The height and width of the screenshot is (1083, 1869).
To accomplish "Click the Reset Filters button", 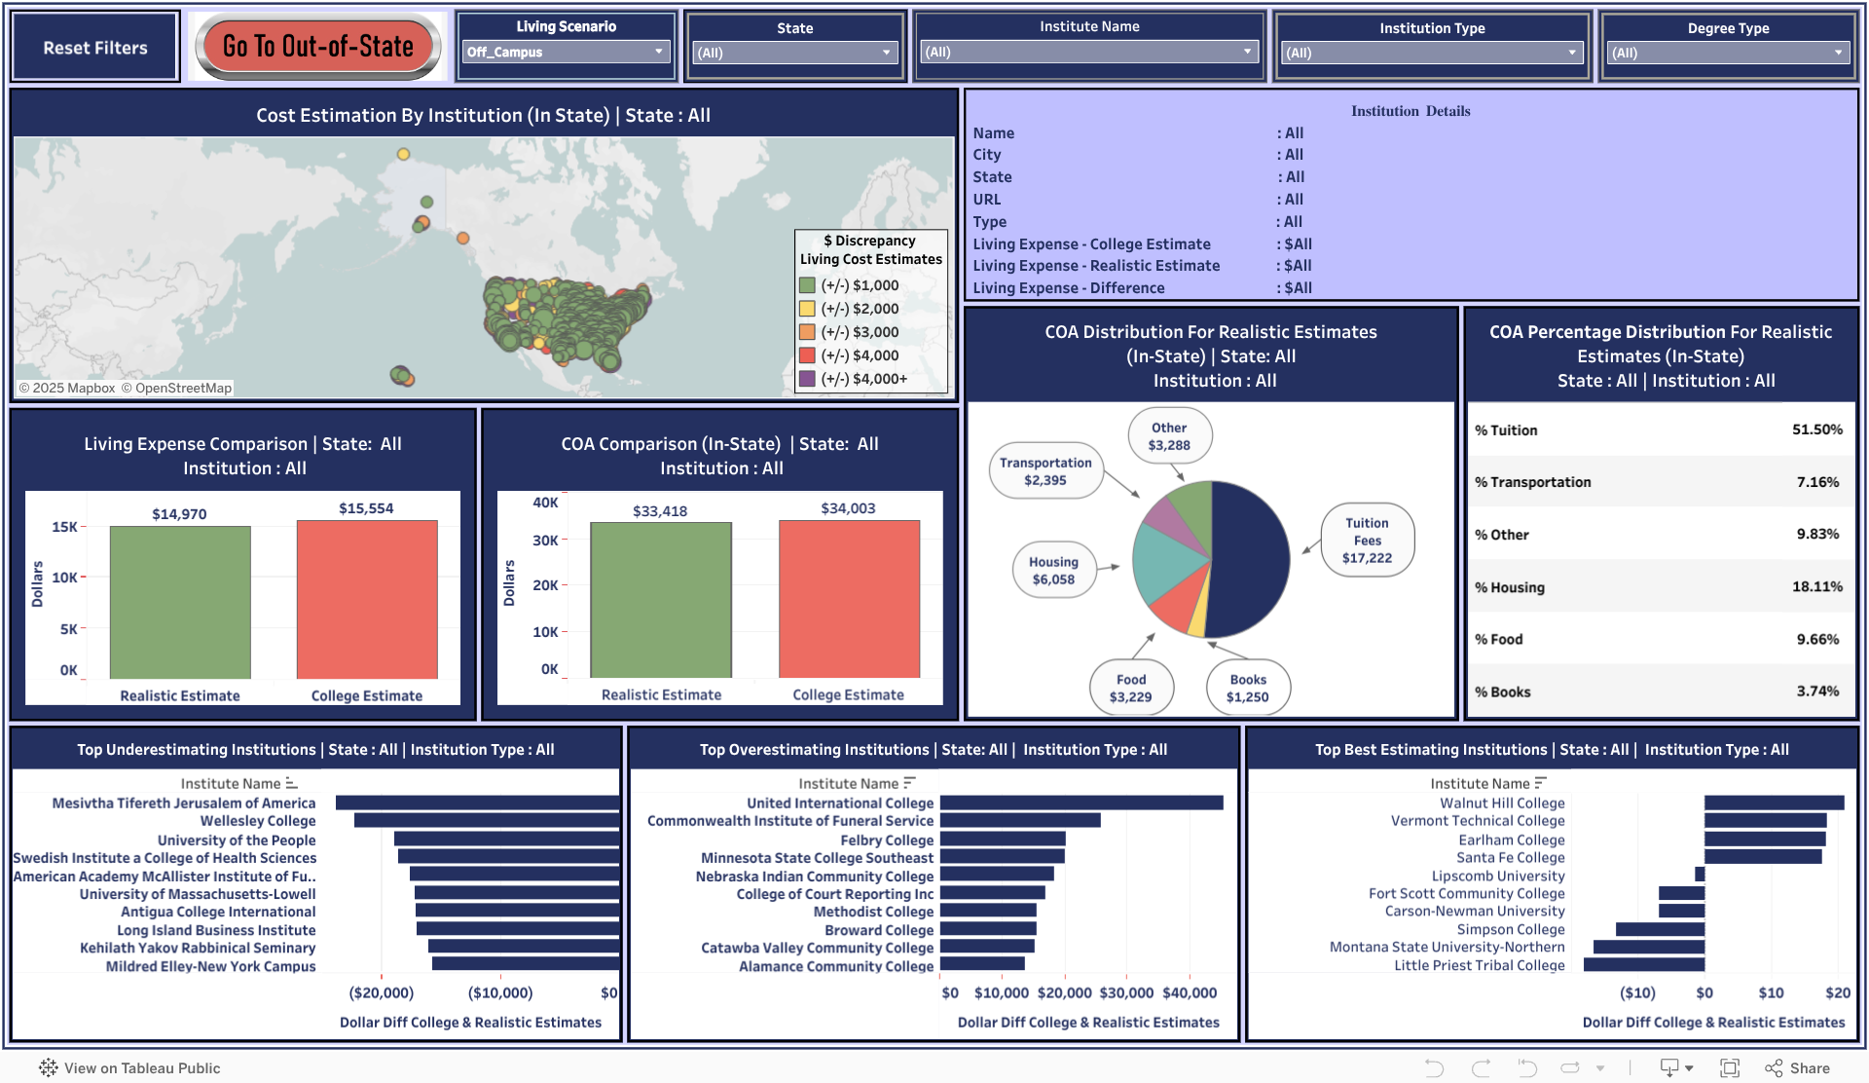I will [x=95, y=48].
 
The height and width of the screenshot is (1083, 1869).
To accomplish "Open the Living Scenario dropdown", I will [x=567, y=52].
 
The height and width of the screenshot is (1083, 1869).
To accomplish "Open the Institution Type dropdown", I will [x=1431, y=53].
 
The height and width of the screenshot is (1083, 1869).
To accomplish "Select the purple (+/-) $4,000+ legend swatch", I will [x=807, y=379].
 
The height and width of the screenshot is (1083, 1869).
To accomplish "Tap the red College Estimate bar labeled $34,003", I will [x=849, y=598].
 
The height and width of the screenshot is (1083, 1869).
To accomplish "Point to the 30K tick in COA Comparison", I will [x=545, y=541].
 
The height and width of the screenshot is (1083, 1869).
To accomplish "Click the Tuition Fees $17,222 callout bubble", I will [x=1367, y=541].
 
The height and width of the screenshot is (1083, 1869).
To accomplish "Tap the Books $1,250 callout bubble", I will [x=1247, y=688].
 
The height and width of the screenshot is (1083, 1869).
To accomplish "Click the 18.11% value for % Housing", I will [x=1816, y=586].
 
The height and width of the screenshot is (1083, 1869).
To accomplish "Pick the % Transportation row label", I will [x=1532, y=482].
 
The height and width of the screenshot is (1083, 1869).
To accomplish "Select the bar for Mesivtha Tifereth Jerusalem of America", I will [x=477, y=803].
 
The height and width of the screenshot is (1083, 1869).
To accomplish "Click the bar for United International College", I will [x=1081, y=803].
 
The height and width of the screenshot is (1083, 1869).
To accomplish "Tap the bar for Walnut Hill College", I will [x=1774, y=803].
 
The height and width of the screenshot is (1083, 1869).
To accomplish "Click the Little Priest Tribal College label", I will [x=1479, y=965].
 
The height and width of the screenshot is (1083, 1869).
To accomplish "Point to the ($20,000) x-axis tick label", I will [x=382, y=992].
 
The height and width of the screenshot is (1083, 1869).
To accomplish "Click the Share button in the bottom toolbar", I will [x=1798, y=1067].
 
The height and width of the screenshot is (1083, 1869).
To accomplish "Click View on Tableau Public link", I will [x=131, y=1067].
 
